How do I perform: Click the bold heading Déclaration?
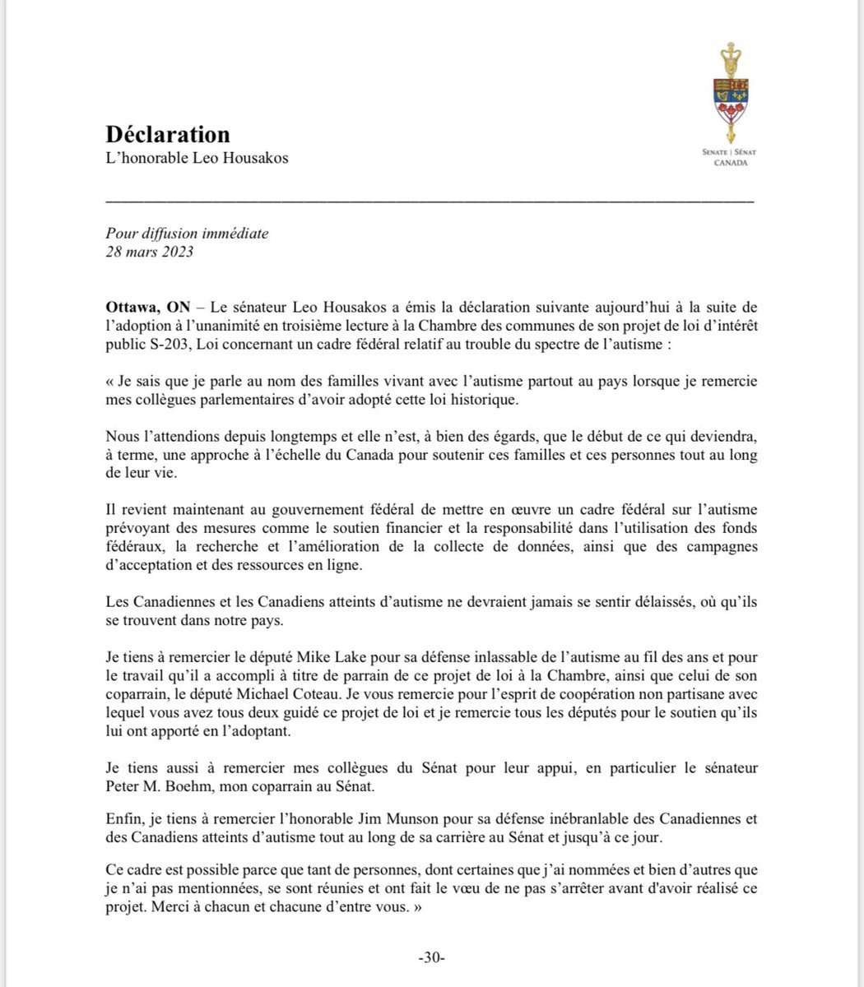pyautogui.click(x=168, y=134)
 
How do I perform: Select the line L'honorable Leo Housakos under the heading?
pyautogui.click(x=197, y=158)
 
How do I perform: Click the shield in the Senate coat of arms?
pyautogui.click(x=727, y=99)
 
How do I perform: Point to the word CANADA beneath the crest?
pyautogui.click(x=727, y=163)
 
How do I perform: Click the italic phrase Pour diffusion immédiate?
pyautogui.click(x=187, y=234)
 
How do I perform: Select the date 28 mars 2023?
pyautogui.click(x=149, y=252)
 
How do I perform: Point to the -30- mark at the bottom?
pyautogui.click(x=431, y=959)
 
